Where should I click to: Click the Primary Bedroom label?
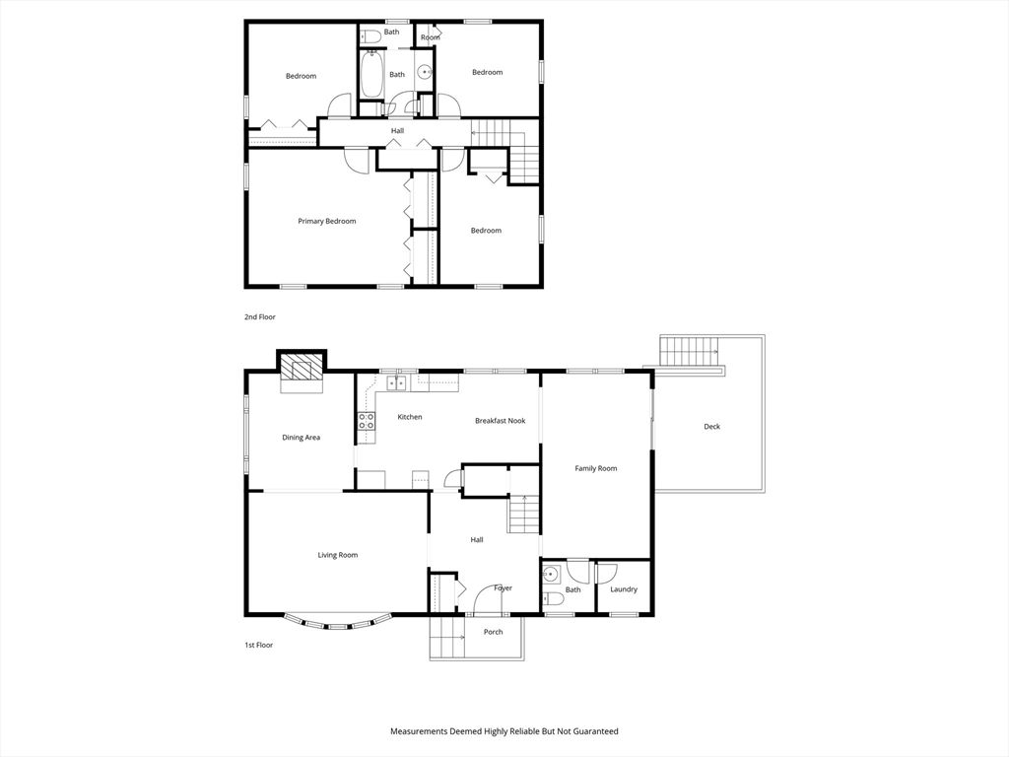coord(326,222)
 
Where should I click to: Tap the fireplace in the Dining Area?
coord(301,370)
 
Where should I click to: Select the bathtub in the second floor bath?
coord(371,75)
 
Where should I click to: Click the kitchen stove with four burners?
coord(366,421)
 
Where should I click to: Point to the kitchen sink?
coord(396,381)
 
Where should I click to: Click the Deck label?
coord(711,427)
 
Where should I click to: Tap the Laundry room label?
coord(624,589)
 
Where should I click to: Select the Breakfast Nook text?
coord(500,421)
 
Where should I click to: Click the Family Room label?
coord(596,468)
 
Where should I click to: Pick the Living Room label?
coord(337,555)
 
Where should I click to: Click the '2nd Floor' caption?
coord(260,317)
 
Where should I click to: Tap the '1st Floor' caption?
coord(259,645)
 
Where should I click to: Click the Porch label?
coord(493,632)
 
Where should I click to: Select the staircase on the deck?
coord(689,350)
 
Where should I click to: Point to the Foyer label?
coord(503,588)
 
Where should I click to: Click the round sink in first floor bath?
coord(551,573)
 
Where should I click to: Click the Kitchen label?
coord(410,417)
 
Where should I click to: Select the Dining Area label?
coord(302,438)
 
